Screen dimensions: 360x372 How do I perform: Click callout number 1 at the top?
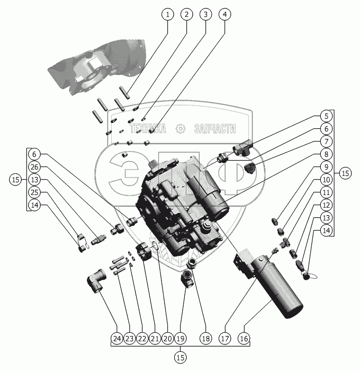[167, 14]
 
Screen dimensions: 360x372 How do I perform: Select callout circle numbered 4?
[224, 14]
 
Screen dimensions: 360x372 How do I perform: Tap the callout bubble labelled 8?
[326, 154]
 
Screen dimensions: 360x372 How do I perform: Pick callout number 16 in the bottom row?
[244, 338]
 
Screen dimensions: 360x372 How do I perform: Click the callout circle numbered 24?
[117, 338]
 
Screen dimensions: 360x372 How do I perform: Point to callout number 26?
[34, 167]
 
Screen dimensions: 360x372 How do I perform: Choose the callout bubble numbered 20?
[167, 338]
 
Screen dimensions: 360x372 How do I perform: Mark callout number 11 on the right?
[326, 192]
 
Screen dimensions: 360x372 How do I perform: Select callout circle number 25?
[34, 192]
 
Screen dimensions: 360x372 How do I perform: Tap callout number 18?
[205, 338]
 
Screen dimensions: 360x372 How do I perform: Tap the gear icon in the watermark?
[181, 129]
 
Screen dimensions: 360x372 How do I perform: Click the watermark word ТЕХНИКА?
[148, 129]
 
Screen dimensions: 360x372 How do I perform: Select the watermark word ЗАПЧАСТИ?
[215, 129]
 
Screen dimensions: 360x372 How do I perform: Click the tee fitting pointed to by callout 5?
[242, 147]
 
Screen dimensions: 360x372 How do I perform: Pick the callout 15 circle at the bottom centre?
[181, 358]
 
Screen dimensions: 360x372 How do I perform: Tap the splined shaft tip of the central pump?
[153, 164]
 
